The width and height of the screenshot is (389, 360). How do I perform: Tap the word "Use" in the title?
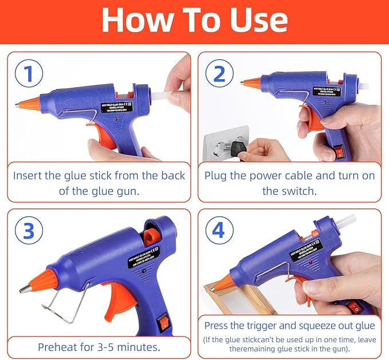click(x=258, y=21)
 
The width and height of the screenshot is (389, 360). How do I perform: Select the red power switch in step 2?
click(x=342, y=153)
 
